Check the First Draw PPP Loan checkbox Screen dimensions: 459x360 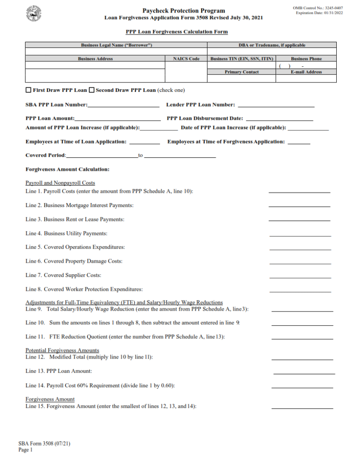point(29,90)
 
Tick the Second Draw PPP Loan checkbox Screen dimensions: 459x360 point(92,90)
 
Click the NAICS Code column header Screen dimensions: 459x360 point(186,59)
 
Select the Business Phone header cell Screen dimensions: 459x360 point(306,59)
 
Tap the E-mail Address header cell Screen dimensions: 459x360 point(306,72)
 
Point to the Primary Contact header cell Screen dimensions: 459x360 point(241,72)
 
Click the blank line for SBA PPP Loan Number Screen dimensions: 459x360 point(123,106)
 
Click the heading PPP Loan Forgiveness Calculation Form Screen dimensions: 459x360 point(177,32)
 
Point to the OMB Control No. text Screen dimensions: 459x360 point(318,8)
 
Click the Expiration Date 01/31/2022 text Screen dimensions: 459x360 point(319,13)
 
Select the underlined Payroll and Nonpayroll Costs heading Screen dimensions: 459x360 point(60,183)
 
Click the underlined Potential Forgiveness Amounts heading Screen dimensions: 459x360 point(62,350)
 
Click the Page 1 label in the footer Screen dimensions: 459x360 point(26,450)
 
